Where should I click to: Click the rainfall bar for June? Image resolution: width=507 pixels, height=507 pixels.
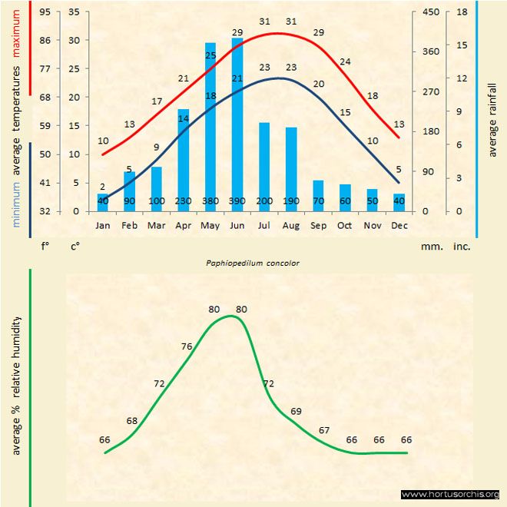click(x=237, y=123)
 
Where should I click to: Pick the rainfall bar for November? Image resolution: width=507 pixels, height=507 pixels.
click(x=372, y=200)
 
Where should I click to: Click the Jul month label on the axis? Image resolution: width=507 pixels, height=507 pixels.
click(x=264, y=225)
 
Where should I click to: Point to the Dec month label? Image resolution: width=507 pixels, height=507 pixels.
click(x=399, y=225)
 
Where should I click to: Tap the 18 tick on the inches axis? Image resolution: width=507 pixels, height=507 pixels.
click(x=462, y=12)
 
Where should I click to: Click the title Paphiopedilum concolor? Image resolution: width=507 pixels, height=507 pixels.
click(x=253, y=263)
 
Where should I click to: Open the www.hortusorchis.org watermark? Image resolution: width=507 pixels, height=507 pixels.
click(x=450, y=494)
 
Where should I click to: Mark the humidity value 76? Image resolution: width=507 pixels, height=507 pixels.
click(x=187, y=346)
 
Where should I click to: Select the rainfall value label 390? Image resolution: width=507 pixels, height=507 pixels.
click(x=237, y=201)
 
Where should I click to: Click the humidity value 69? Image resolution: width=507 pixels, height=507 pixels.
click(x=296, y=412)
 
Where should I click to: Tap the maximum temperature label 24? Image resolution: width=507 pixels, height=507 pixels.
click(x=345, y=61)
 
